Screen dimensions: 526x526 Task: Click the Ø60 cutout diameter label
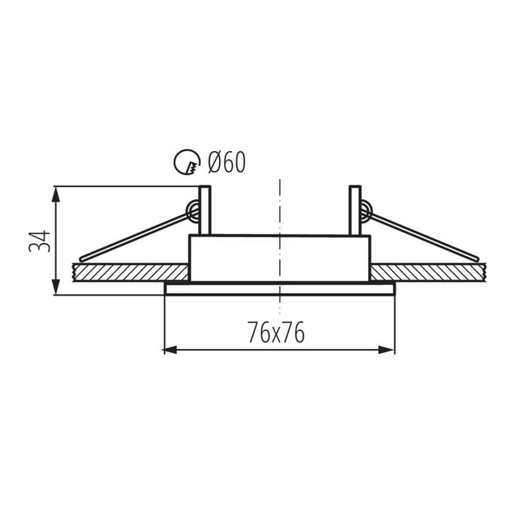tap(227, 162)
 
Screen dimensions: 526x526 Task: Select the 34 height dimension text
tap(39, 241)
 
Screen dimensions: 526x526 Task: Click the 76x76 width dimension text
tap(275, 333)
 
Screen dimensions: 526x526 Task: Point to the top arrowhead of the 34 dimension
tap(56, 193)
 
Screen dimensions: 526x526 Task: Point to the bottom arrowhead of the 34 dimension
tap(56, 287)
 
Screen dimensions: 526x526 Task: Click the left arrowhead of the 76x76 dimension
tap(170, 350)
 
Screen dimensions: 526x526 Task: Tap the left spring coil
tap(193, 210)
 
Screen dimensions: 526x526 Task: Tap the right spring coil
tap(366, 210)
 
